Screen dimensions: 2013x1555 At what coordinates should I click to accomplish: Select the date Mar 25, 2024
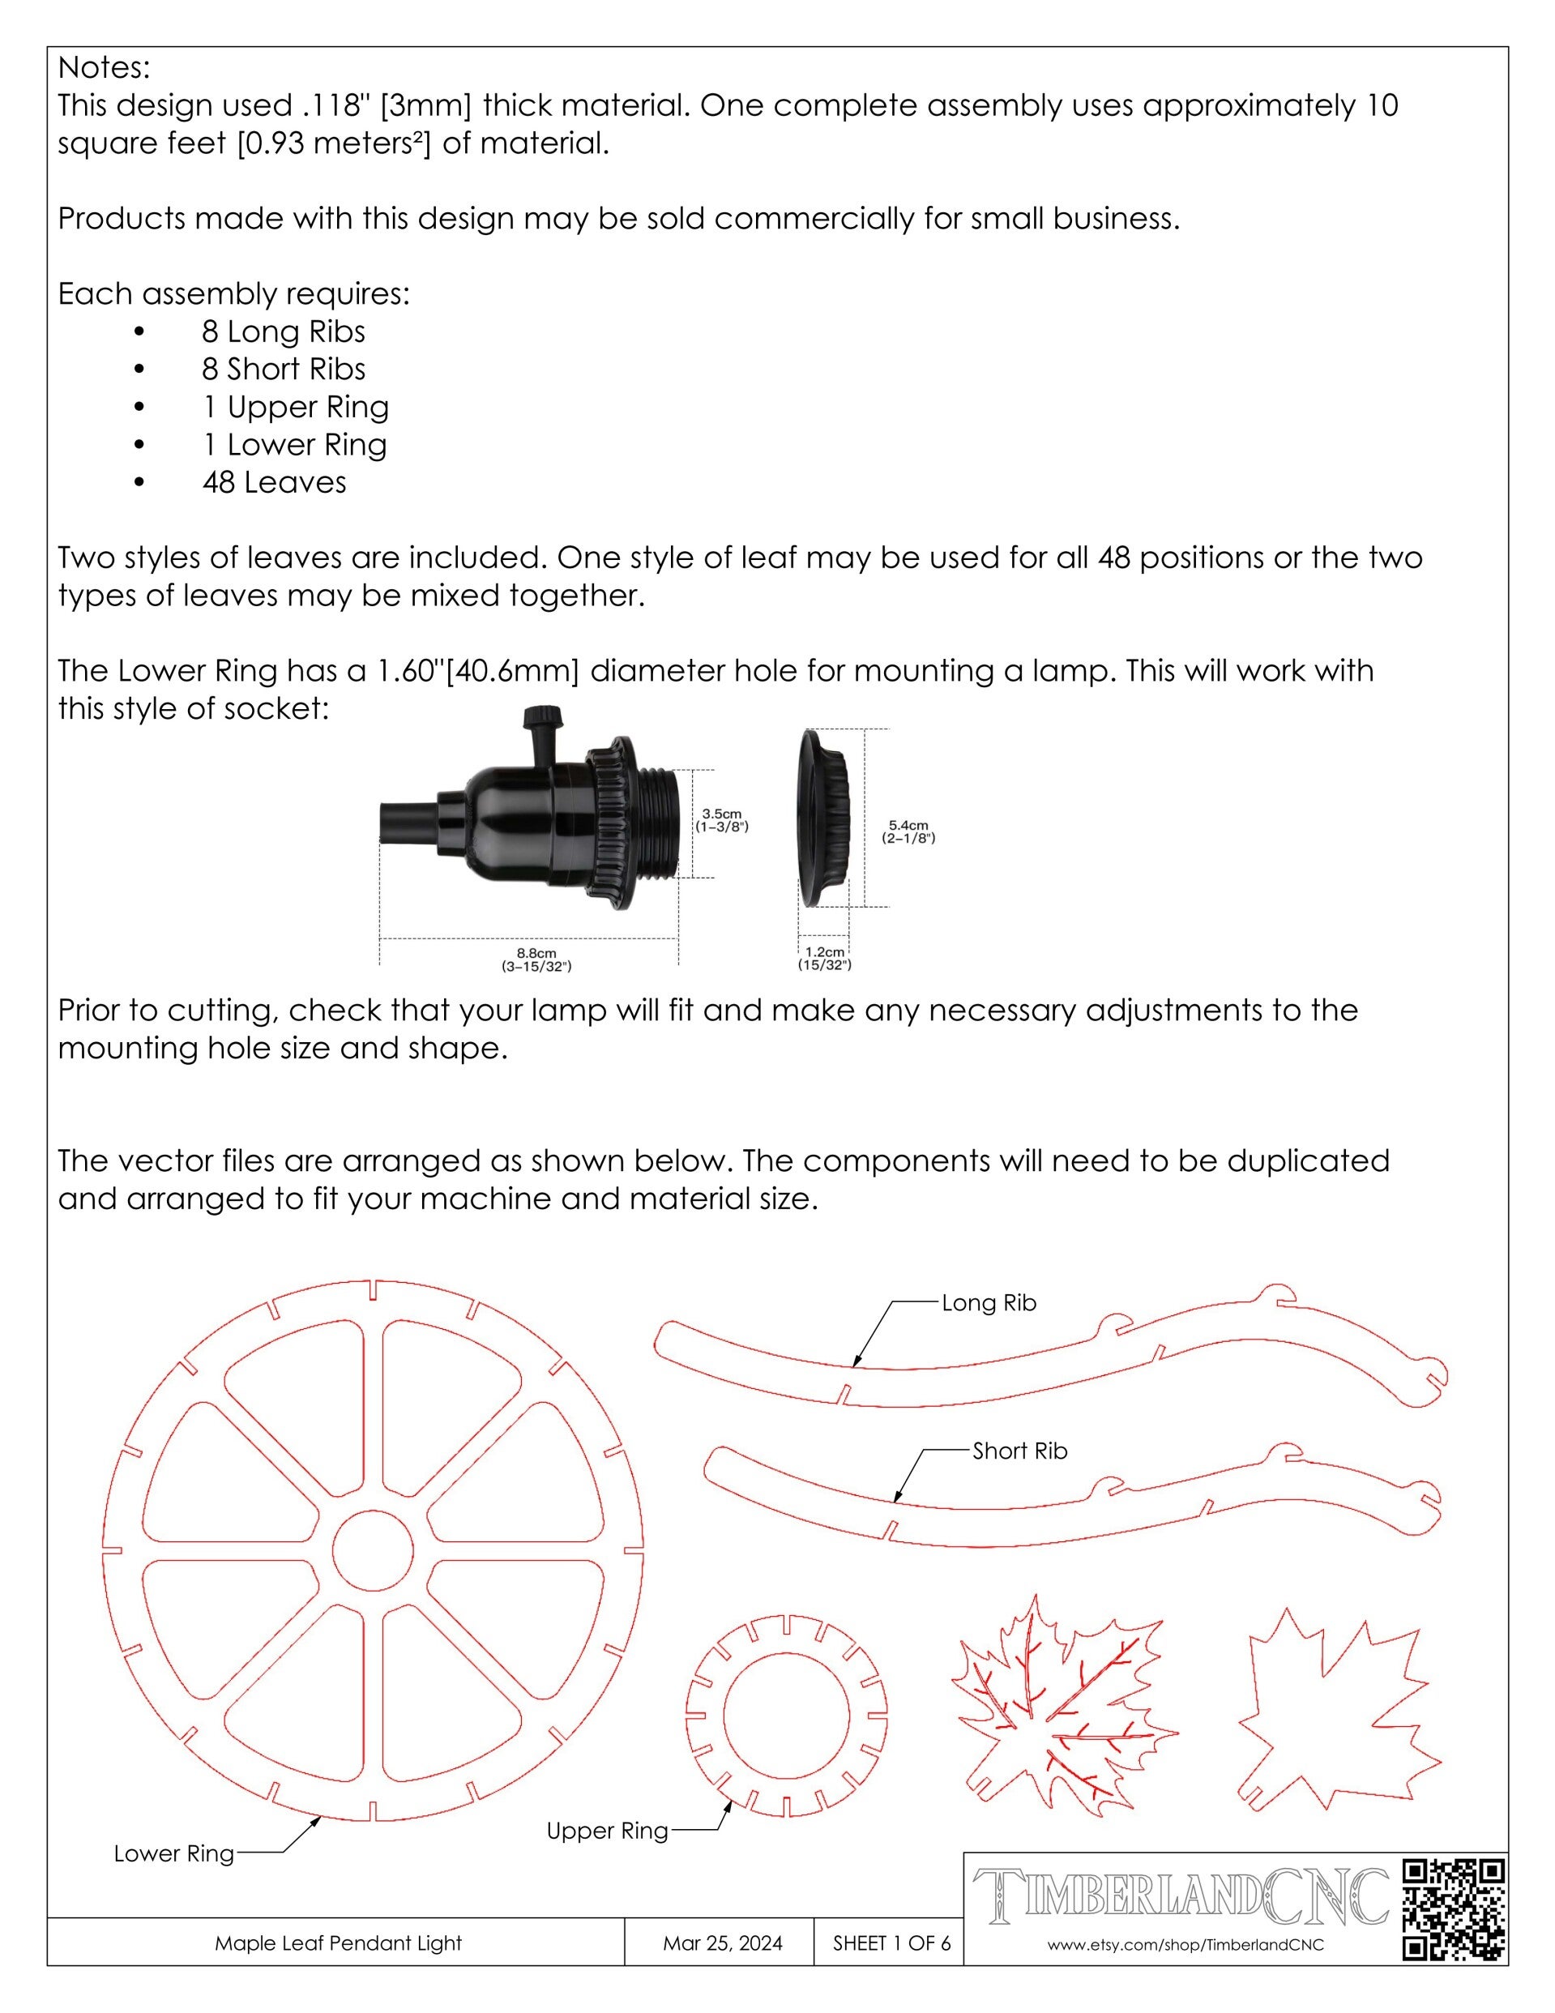coord(722,1943)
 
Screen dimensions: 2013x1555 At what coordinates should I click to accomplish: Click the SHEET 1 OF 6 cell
coord(891,1943)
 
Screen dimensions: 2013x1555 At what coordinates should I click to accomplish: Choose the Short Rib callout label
coord(1019,1451)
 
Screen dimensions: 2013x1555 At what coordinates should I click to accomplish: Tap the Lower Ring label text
coord(173,1853)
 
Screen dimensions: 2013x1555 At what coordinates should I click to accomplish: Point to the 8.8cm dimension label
coord(536,959)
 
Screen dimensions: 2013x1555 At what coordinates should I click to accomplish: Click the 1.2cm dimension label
coord(824,958)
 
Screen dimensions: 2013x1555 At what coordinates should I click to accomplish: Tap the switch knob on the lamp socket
coord(536,717)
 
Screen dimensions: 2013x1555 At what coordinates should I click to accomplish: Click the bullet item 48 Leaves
coord(274,482)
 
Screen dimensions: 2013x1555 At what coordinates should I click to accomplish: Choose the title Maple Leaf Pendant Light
coord(337,1943)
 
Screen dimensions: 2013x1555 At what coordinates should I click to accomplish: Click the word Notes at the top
coord(103,67)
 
